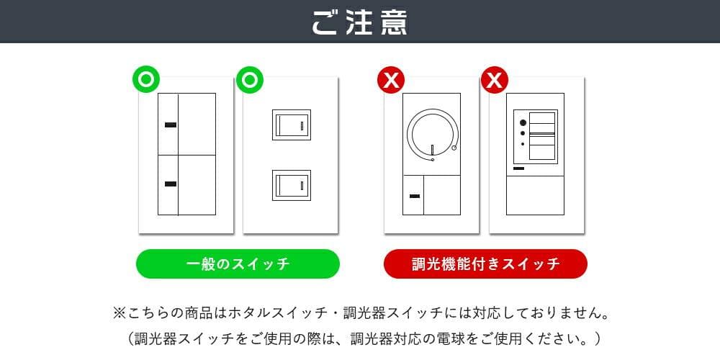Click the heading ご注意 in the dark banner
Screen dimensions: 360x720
[x=360, y=22]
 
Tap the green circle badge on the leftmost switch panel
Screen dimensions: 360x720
[x=145, y=79]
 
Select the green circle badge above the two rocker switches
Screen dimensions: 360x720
[x=250, y=79]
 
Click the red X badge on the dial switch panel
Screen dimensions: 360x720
[x=391, y=79]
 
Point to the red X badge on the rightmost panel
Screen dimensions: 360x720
[x=495, y=79]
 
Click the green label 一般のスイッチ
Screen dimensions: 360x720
[x=238, y=264]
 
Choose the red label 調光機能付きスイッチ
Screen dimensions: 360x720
[x=485, y=264]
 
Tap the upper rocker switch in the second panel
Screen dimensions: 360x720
[x=291, y=125]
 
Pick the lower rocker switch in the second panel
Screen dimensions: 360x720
[x=291, y=185]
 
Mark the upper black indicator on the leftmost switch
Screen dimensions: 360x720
[x=170, y=125]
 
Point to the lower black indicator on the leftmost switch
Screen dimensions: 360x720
[x=170, y=184]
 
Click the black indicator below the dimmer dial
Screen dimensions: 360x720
[x=414, y=195]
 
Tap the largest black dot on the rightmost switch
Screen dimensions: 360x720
[x=523, y=122]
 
